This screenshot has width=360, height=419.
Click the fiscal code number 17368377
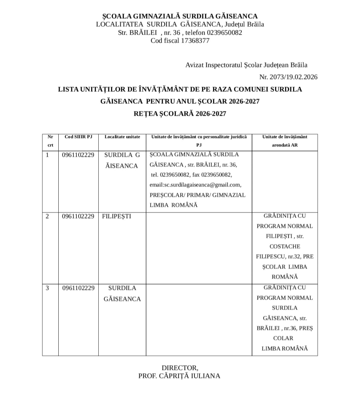click(x=195, y=41)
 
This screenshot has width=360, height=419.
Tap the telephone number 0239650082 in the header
click(x=224, y=33)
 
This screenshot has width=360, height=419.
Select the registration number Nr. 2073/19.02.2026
click(x=288, y=77)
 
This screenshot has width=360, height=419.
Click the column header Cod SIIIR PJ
click(x=78, y=137)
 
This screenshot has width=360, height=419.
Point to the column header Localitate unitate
click(x=122, y=137)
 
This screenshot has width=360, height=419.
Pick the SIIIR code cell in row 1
click(x=78, y=155)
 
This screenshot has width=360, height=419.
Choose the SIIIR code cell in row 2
click(x=78, y=216)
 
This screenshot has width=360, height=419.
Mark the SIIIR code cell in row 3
click(x=78, y=288)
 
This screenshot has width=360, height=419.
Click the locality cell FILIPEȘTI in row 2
click(x=117, y=216)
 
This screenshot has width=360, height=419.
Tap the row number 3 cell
click(x=47, y=288)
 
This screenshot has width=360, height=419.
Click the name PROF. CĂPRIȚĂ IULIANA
click(x=179, y=376)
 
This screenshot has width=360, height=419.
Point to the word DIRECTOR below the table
click(x=179, y=368)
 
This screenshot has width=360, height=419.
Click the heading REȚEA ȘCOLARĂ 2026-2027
click(x=180, y=114)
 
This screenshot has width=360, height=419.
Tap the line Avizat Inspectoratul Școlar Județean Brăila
click(x=246, y=65)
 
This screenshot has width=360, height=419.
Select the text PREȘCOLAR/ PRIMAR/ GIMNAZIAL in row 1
click(x=197, y=195)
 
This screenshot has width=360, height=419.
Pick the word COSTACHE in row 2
click(x=285, y=247)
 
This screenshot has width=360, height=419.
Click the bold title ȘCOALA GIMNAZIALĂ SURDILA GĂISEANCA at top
click(x=180, y=16)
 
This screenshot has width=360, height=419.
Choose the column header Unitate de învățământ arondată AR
click(x=285, y=141)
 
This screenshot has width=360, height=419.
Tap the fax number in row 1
click(x=217, y=175)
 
